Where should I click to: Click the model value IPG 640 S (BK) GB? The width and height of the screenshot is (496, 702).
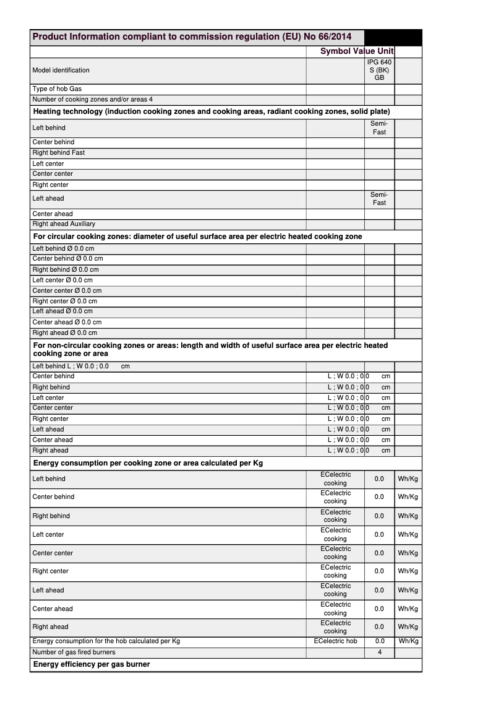379,71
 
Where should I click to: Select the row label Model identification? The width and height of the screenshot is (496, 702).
61,71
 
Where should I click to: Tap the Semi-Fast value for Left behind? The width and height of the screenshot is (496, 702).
379,128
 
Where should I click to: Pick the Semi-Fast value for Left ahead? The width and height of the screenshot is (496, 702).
379,199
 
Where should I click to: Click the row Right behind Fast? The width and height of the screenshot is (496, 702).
59,153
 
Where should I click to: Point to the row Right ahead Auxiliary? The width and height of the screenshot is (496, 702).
64,224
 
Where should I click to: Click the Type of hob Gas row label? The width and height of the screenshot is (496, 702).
57,89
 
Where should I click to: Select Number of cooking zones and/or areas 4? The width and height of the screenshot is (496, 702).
92,100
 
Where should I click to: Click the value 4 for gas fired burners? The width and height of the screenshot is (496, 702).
380,652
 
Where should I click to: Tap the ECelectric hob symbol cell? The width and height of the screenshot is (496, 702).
335,641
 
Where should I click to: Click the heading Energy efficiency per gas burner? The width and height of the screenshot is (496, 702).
92,664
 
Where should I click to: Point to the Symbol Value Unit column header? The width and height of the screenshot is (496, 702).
357,51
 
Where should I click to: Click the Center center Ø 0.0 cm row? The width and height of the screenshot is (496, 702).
67,290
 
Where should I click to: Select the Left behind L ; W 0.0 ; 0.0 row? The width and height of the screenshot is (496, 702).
81,366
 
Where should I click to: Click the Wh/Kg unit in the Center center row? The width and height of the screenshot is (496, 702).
408,553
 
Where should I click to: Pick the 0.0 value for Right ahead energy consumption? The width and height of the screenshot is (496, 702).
379,626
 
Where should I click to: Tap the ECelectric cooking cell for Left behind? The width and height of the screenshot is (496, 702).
335,479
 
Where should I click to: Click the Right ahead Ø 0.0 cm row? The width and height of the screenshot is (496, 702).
64,332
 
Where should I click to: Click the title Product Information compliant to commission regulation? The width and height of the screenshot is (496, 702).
192,37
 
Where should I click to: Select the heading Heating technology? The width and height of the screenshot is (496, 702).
211,112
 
